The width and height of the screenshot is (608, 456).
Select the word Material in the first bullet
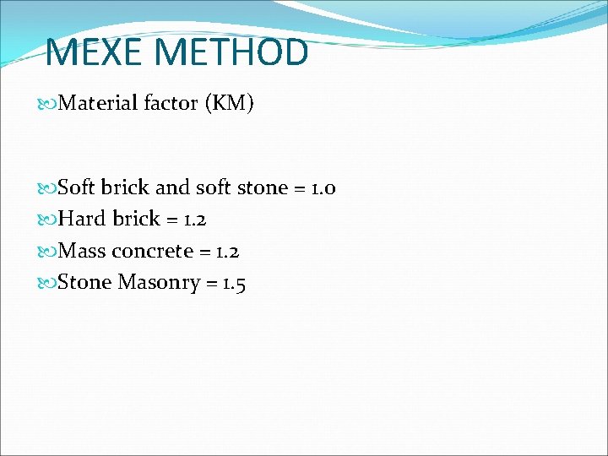pyautogui.click(x=98, y=104)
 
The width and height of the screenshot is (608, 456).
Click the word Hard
pyautogui.click(x=83, y=219)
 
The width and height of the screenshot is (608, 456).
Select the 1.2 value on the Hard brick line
pyautogui.click(x=193, y=219)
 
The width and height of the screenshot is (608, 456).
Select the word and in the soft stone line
pyautogui.click(x=172, y=187)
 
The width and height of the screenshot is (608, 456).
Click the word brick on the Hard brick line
pyautogui.click(x=136, y=219)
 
